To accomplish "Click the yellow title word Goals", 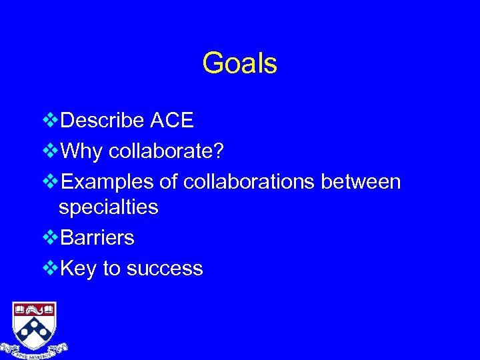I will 239,64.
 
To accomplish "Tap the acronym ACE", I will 171,121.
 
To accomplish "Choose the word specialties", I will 109,207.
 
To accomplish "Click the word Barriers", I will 97,237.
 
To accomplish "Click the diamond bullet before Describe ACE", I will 50,121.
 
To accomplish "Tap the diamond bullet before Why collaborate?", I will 50,151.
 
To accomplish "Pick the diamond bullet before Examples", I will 50,181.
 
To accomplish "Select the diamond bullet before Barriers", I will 50,237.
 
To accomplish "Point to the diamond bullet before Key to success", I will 50,268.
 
